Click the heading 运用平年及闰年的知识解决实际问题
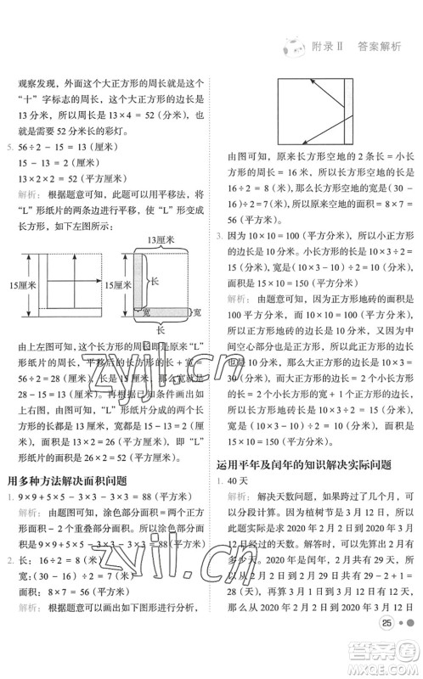point(301,463)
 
